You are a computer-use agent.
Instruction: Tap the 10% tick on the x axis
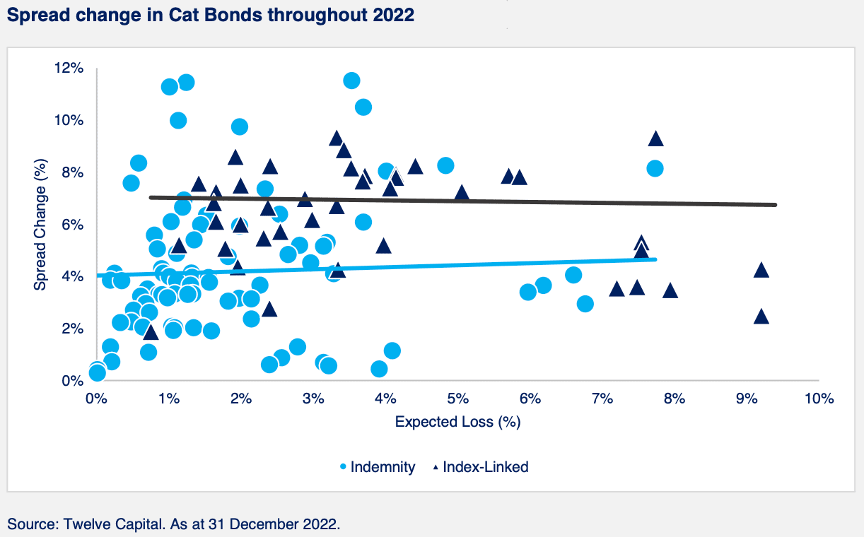click(x=818, y=399)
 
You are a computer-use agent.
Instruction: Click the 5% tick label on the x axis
click(x=457, y=399)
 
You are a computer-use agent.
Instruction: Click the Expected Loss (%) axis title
click(x=457, y=423)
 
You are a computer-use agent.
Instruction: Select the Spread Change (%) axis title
click(x=40, y=225)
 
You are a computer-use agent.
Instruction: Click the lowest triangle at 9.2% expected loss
click(x=761, y=317)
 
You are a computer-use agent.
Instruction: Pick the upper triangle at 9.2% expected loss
click(x=761, y=270)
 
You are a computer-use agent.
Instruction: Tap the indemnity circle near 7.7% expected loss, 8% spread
click(x=655, y=168)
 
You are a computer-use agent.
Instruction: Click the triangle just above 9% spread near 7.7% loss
click(x=655, y=139)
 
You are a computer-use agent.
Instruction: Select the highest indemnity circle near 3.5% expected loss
click(x=351, y=81)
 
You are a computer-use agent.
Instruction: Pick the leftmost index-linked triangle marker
click(x=151, y=332)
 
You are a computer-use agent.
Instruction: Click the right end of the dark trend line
click(x=776, y=205)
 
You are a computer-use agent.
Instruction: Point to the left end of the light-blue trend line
click(x=98, y=275)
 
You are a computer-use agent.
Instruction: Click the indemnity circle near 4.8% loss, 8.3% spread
click(x=445, y=165)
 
